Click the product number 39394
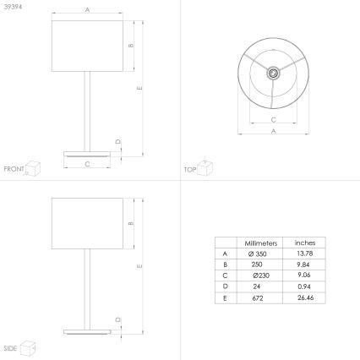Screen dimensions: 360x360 tap(13, 7)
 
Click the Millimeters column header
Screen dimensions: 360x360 tap(261, 243)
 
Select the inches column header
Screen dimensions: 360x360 tap(305, 243)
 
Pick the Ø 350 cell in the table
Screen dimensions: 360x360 tap(258, 254)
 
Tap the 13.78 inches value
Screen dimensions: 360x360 tap(305, 254)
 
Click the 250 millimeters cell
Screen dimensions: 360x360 tap(257, 265)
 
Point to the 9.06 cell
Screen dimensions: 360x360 tap(304, 275)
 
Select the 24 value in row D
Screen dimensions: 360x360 tap(256, 286)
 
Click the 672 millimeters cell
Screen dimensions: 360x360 tap(258, 298)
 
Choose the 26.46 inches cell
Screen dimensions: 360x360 tap(305, 297)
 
